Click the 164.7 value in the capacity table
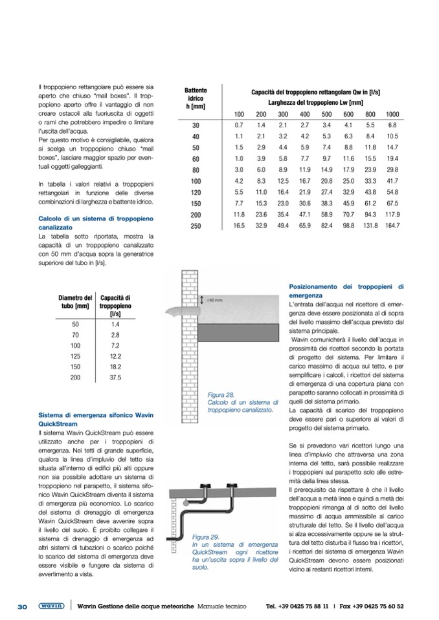click(392, 226)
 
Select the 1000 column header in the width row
click(392, 114)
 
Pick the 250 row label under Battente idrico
click(196, 226)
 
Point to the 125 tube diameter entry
click(75, 356)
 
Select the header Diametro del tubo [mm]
click(75, 301)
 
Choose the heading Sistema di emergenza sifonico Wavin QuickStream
click(95, 419)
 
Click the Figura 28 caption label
click(220, 394)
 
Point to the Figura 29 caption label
click(205, 537)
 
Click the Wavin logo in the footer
click(50, 606)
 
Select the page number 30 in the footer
click(22, 607)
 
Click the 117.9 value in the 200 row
click(392, 214)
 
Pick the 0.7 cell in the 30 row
click(238, 124)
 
